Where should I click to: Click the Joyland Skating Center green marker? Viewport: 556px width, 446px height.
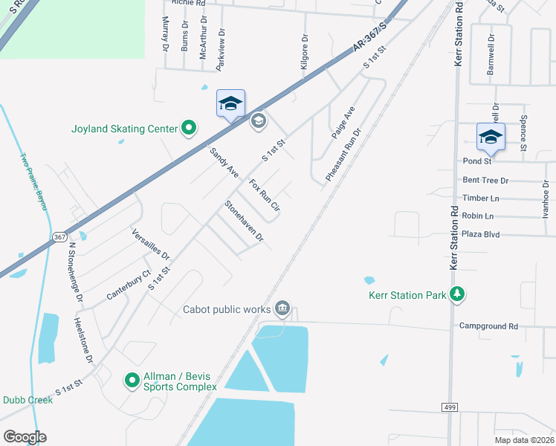188,129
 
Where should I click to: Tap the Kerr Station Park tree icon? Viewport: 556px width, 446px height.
458,295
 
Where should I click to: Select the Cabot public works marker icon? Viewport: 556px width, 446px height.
282,308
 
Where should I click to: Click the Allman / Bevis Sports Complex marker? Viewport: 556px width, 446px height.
132,381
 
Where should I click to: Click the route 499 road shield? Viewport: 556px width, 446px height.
450,408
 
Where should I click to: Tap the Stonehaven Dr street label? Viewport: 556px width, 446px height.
245,221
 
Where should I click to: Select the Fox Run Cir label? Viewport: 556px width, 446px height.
265,195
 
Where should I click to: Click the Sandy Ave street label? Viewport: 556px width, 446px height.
224,162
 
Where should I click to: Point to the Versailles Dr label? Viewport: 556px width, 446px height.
151,244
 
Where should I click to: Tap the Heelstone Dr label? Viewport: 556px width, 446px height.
83,340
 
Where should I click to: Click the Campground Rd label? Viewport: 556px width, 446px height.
488,326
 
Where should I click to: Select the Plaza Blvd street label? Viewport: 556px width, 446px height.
481,234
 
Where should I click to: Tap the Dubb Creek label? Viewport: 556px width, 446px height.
28,399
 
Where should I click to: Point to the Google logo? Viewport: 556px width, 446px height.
24,437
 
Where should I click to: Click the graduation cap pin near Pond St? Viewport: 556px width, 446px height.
491,138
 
